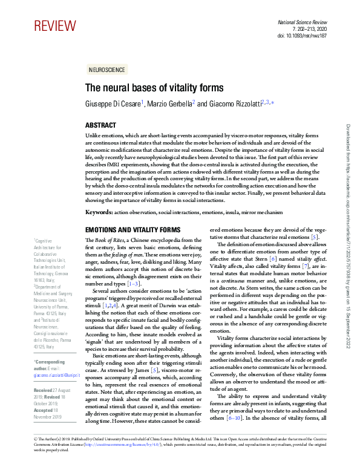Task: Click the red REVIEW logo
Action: coord(56,26)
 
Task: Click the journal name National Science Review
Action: coord(307,22)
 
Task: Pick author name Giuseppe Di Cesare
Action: coord(112,104)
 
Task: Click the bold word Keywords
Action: coord(99,212)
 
